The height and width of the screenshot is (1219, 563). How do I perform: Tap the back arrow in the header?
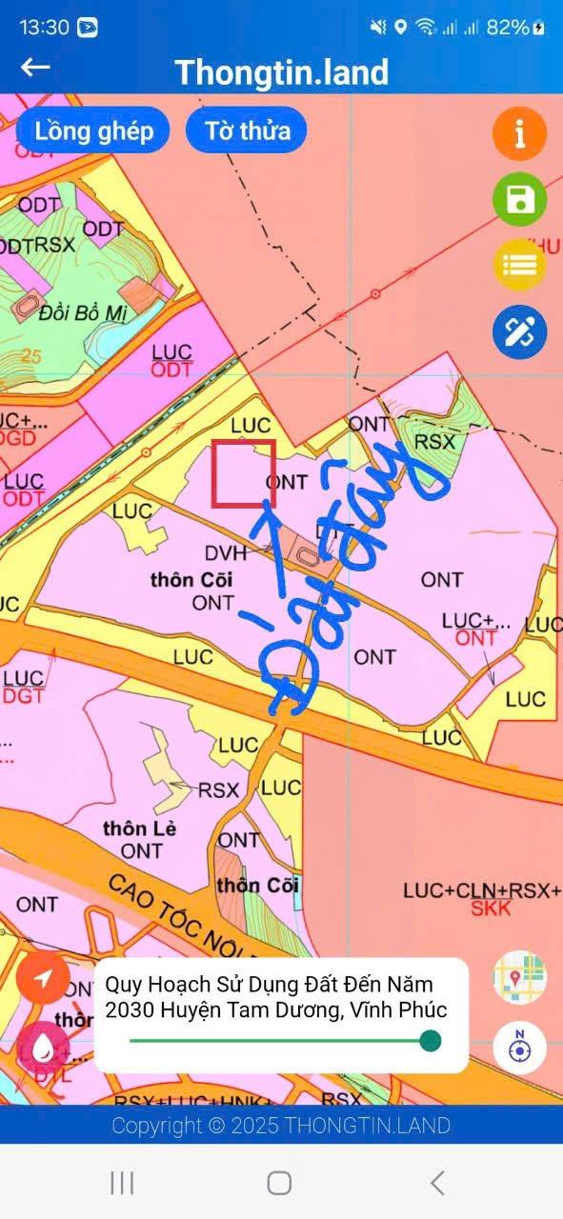coord(35,67)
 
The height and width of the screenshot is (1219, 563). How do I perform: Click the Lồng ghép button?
coord(93,130)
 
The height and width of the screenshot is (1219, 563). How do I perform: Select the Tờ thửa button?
coord(247,130)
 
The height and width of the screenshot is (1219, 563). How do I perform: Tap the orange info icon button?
coord(519,134)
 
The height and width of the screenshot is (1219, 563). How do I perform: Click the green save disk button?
coord(519,200)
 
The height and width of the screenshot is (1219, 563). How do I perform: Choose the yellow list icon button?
coord(519,266)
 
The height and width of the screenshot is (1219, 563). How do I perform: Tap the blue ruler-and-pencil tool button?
coord(519,331)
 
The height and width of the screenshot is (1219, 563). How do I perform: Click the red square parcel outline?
coord(243,472)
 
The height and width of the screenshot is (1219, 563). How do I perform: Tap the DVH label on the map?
coord(226,553)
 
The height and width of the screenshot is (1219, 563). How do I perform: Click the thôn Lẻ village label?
coord(140,829)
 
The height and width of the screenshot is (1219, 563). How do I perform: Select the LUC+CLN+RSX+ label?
coord(482,890)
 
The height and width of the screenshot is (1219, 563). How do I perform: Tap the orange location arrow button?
coord(43,978)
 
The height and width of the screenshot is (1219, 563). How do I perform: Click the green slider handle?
coord(431,1041)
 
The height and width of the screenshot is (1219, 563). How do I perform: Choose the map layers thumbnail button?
coord(519,978)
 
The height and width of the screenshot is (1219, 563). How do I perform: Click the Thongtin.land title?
coord(281,72)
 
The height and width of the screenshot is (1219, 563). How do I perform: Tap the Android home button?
coord(279,1183)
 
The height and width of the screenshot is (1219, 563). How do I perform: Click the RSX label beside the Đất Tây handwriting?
coord(435,442)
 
